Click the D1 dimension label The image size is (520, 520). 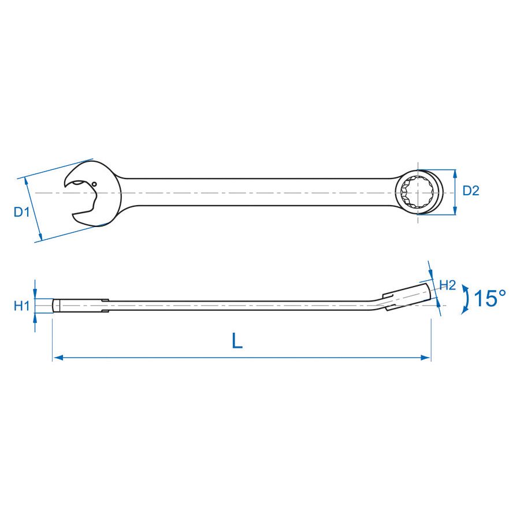point(21,212)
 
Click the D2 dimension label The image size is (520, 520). point(471,191)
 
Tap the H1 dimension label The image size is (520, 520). point(21,306)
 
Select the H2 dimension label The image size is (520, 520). point(448,285)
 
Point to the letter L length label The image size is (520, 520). point(237,341)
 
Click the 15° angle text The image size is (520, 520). point(489,299)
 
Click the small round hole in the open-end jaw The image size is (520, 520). point(94,184)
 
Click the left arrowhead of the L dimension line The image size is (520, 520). point(57,358)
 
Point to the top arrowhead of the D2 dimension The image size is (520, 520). point(455,173)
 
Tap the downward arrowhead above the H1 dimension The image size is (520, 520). point(35,294)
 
